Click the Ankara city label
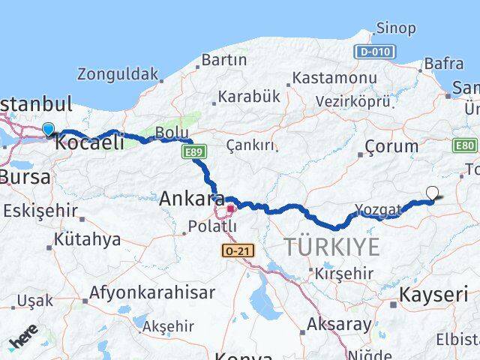pos(191,199)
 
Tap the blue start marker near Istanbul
pos(49,129)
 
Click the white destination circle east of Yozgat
pos(432,193)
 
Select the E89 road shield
pos(190,153)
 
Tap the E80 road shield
pos(466,145)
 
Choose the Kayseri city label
pos(433,294)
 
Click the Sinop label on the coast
pos(396,28)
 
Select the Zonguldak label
pos(118,74)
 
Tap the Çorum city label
pos(391,146)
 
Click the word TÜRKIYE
pos(332,247)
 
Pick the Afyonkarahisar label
pos(151,292)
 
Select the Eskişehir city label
pos(40,211)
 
